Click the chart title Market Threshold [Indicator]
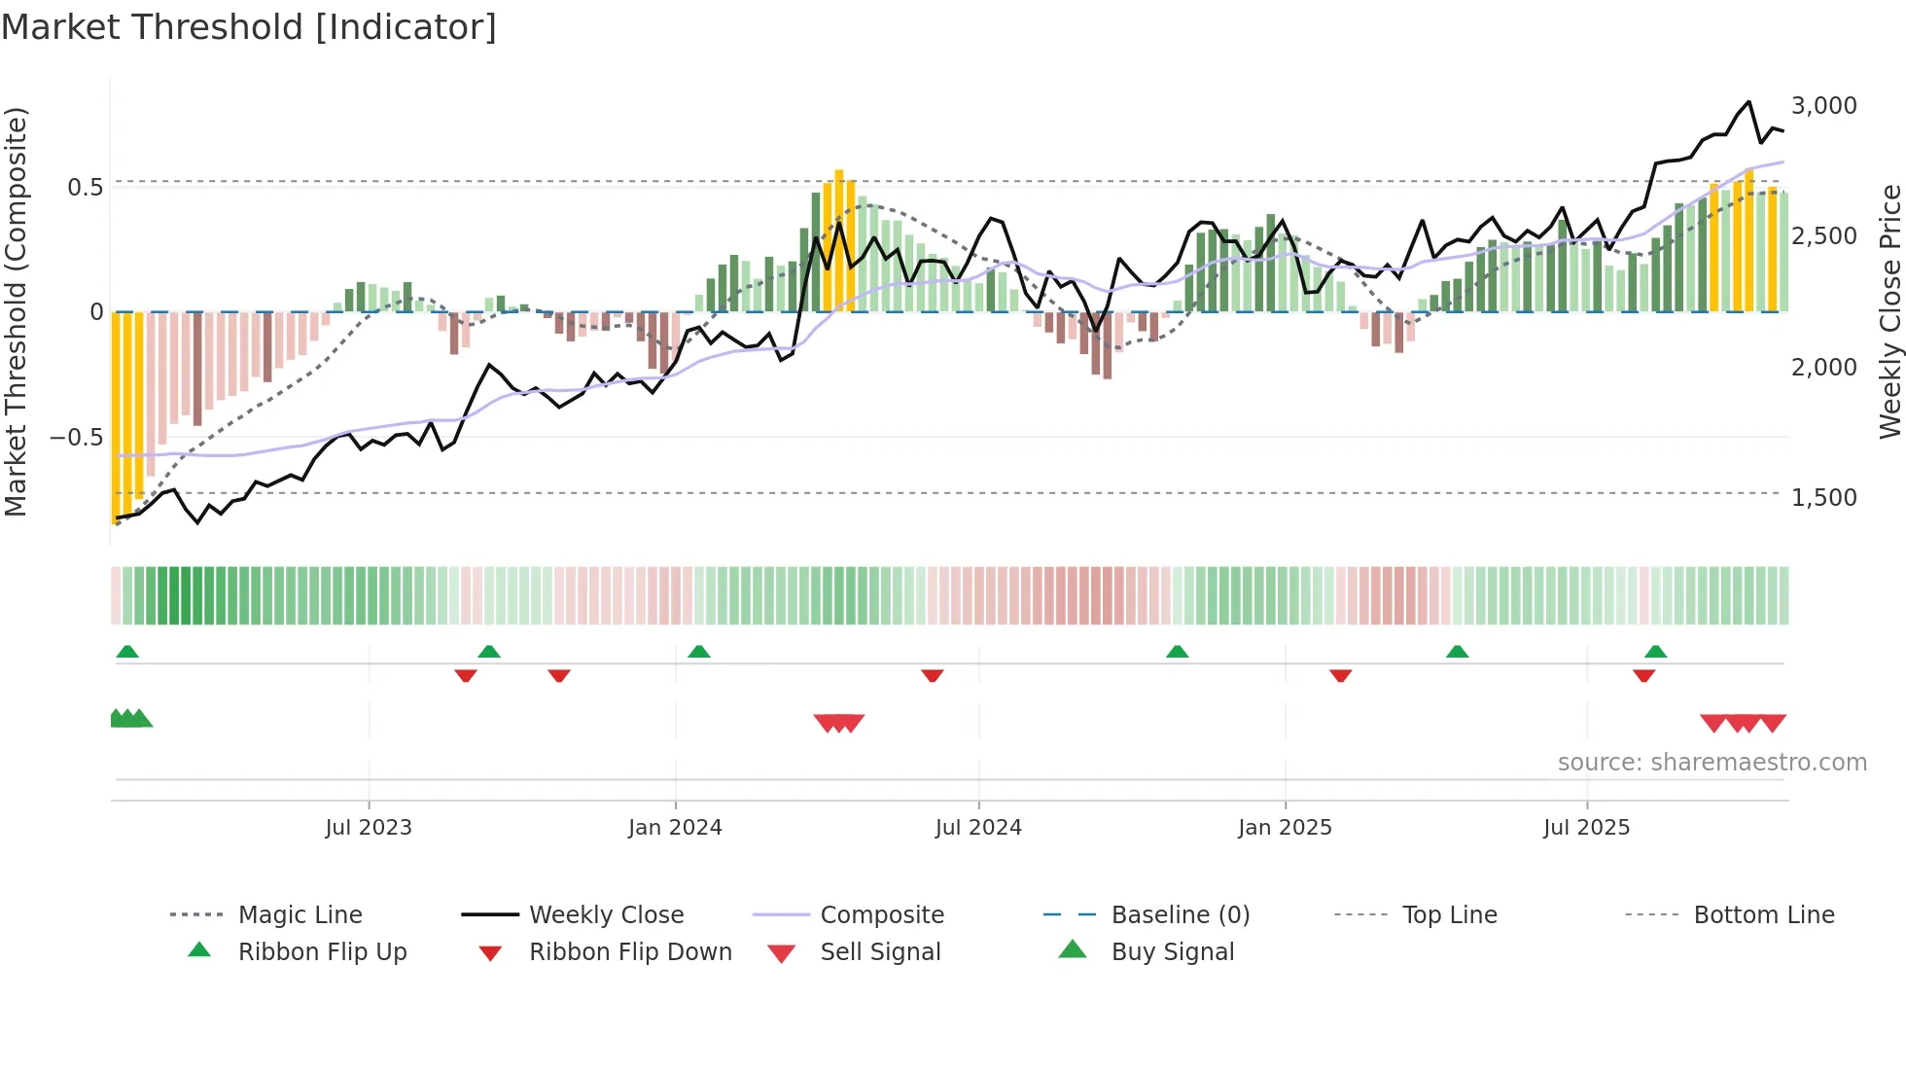coord(249,27)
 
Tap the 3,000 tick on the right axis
coord(1823,106)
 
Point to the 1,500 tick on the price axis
coord(1823,497)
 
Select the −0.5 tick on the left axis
coord(76,437)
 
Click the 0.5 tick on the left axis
coord(85,187)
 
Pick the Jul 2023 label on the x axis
coord(369,828)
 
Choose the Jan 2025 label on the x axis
coord(1285,828)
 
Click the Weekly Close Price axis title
coord(1889,311)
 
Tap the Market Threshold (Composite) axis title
coord(17,311)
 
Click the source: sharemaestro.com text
coord(1712,763)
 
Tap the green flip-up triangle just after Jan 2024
coord(698,652)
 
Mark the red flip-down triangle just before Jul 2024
coord(932,675)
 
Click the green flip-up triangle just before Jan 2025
coord(1177,652)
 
